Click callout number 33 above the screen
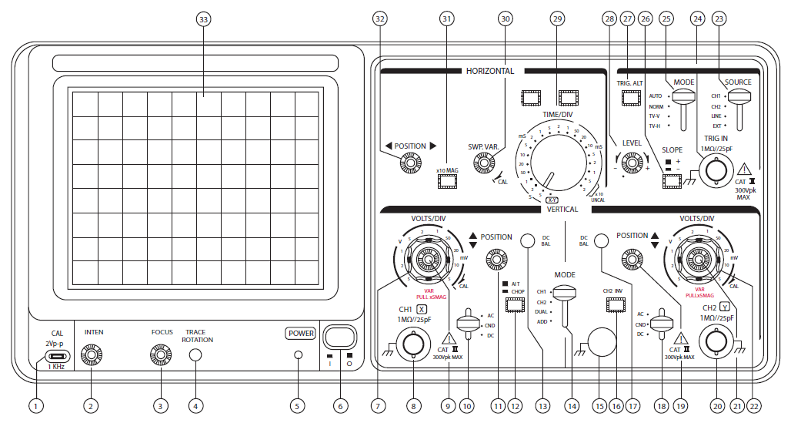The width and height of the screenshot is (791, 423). (x=203, y=18)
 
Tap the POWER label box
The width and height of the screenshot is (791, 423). (x=300, y=334)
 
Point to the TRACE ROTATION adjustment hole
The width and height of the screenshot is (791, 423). (x=195, y=355)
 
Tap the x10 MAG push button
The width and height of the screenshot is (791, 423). (x=447, y=181)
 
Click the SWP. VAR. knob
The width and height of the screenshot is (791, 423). (x=484, y=163)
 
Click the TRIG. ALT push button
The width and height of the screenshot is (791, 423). (x=632, y=98)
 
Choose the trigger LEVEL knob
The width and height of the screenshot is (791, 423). (x=632, y=163)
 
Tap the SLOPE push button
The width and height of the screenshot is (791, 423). (x=672, y=181)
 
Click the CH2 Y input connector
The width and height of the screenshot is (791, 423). (x=716, y=341)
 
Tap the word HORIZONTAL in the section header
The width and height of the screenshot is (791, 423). (x=489, y=71)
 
